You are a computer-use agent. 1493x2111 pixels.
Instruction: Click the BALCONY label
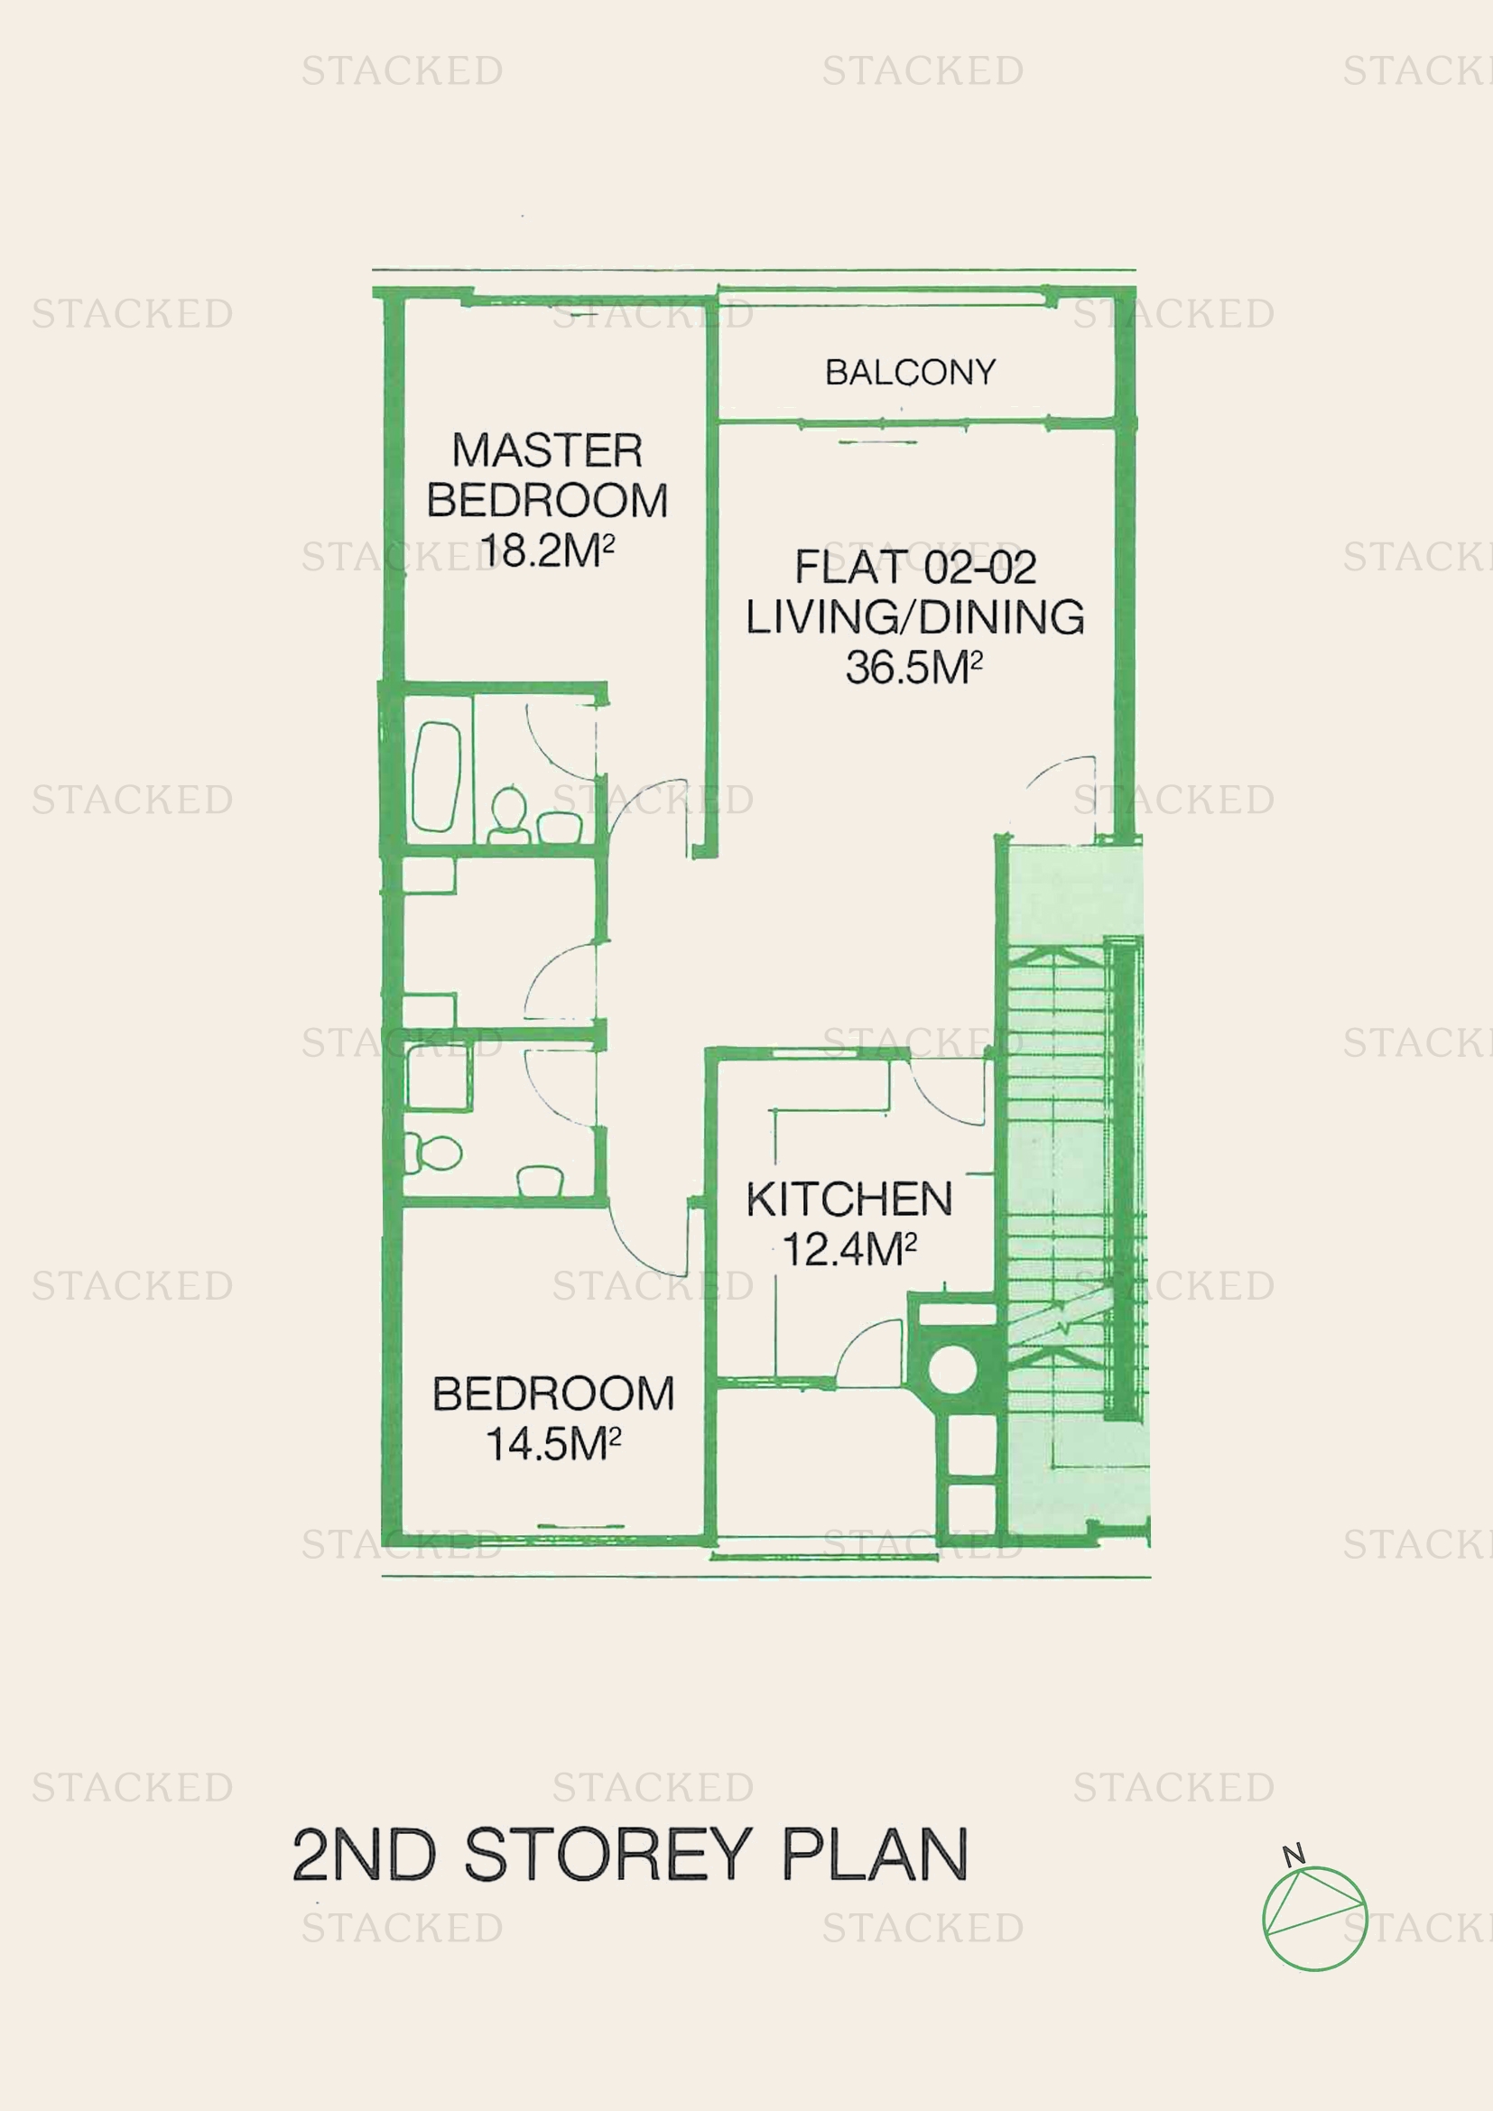[910, 373]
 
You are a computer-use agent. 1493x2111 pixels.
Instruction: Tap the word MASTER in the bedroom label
[547, 450]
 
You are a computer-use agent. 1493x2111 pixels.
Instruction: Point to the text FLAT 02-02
[915, 567]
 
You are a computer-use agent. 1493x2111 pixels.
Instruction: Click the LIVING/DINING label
[914, 616]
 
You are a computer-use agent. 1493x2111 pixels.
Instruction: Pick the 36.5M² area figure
[913, 667]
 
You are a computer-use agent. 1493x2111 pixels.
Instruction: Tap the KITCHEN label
[849, 1199]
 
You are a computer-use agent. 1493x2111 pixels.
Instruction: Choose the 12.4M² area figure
[849, 1249]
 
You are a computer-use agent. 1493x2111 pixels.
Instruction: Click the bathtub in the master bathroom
[437, 777]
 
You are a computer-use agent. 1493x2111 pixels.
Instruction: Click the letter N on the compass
[1294, 1854]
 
